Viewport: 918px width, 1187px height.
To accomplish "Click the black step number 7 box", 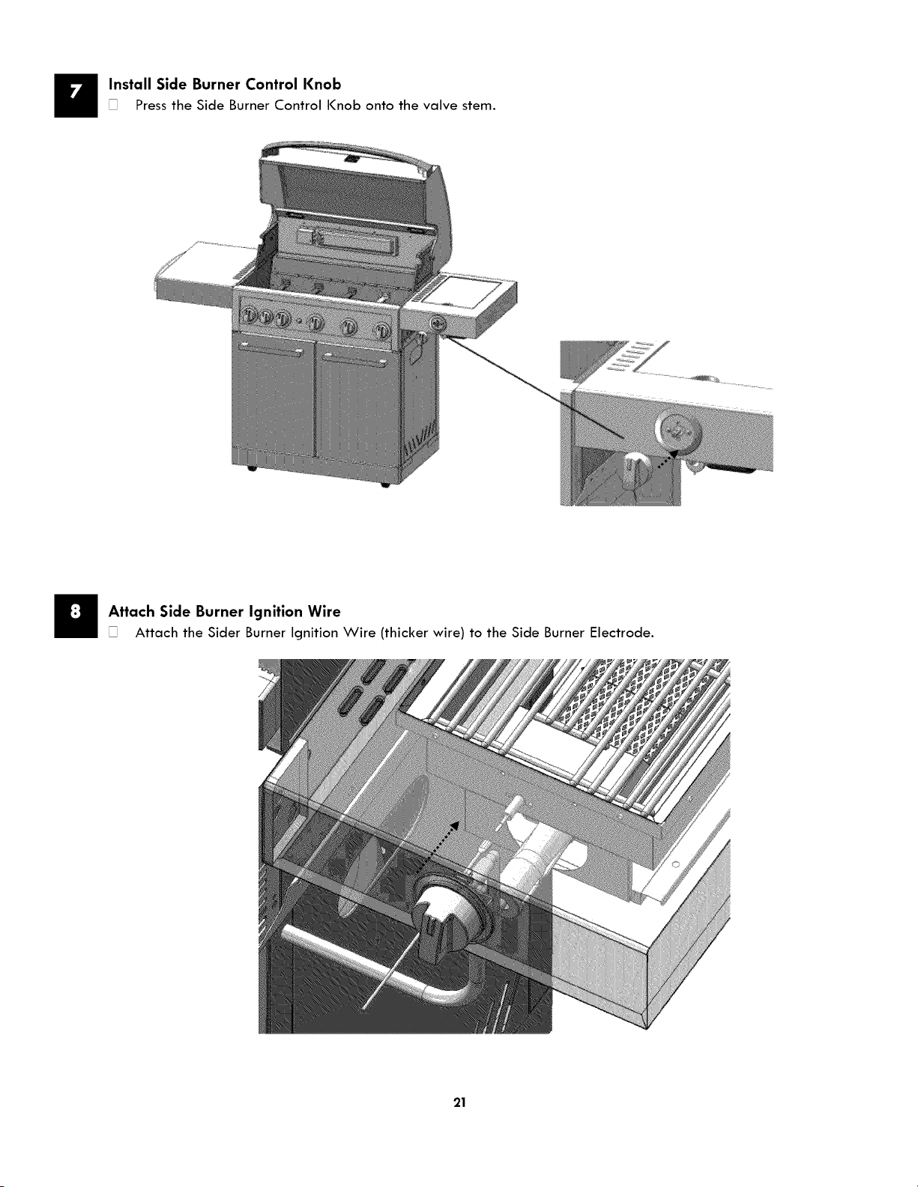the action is [76, 95].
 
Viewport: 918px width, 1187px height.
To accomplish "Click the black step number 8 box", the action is [76, 615].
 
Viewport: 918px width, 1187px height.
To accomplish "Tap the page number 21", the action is [459, 1102].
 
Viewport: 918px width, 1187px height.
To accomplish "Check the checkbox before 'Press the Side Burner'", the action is [113, 105].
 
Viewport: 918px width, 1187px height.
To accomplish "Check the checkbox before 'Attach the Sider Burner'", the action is [113, 633].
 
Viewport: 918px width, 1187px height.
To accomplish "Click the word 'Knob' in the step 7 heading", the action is [321, 84].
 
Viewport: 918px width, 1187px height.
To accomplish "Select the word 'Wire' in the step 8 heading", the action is [324, 611].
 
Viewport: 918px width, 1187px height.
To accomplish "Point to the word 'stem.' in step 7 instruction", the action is [479, 106].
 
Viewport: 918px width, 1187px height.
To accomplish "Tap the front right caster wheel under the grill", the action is [384, 485].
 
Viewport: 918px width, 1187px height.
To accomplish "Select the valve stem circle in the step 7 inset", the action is [678, 430].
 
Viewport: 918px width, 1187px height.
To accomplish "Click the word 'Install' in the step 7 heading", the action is [130, 84].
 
